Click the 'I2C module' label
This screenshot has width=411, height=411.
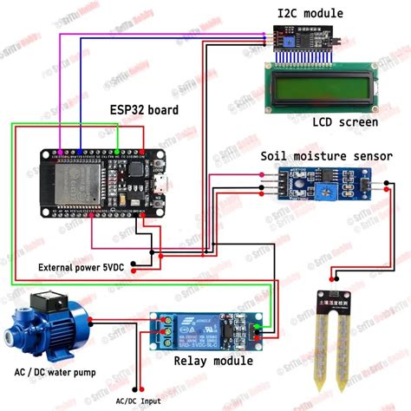(x=310, y=13)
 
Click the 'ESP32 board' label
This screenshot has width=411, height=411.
(x=144, y=110)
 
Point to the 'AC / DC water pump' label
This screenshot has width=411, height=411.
(x=55, y=374)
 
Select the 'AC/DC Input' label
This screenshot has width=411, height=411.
(x=138, y=401)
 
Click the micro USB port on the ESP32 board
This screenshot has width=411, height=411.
(x=161, y=183)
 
